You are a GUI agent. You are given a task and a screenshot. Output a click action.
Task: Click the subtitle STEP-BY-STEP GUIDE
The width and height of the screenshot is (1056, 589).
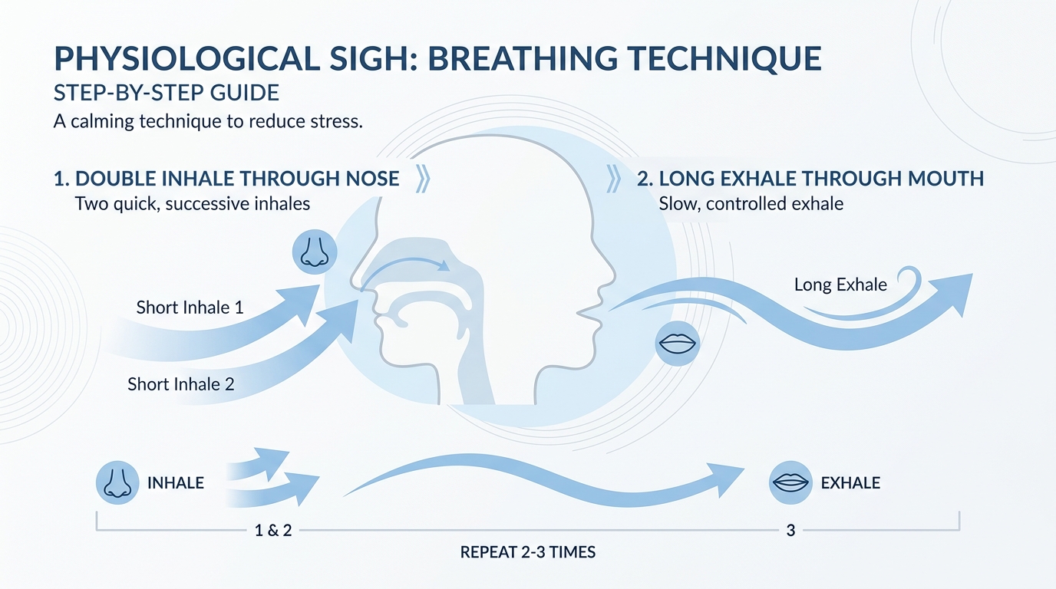pyautogui.click(x=167, y=93)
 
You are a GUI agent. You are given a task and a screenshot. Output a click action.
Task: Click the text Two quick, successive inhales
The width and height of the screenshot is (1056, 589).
pyautogui.click(x=193, y=204)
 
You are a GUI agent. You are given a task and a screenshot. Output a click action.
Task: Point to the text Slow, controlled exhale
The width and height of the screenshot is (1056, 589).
pyautogui.click(x=751, y=204)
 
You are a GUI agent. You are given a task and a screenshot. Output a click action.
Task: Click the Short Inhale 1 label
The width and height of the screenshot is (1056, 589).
pyautogui.click(x=190, y=308)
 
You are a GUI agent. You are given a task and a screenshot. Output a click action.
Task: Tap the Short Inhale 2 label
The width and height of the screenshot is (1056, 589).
pyautogui.click(x=181, y=384)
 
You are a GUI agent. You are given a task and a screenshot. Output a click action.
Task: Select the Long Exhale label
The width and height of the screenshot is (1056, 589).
pyautogui.click(x=840, y=285)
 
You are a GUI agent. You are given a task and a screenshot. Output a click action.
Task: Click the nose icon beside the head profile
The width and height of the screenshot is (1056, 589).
pyautogui.click(x=315, y=252)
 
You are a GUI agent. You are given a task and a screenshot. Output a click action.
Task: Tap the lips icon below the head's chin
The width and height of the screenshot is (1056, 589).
pyautogui.click(x=678, y=344)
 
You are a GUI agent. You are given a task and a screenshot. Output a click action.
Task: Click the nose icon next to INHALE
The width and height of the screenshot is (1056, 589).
pyautogui.click(x=117, y=482)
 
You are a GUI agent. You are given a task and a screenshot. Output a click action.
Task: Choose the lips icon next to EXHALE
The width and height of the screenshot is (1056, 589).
pyautogui.click(x=790, y=482)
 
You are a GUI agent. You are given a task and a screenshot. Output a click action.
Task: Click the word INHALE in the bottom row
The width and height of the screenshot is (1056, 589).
pyautogui.click(x=176, y=483)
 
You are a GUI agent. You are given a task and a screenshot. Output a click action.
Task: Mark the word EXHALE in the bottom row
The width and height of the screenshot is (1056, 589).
pyautogui.click(x=850, y=483)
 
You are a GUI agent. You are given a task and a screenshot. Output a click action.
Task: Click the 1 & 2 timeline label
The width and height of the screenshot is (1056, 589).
pyautogui.click(x=273, y=531)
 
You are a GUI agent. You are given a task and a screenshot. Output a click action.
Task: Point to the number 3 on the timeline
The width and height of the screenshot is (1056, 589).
pyautogui.click(x=790, y=531)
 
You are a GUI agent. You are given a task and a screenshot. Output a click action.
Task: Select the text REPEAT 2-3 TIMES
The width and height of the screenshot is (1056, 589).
pyautogui.click(x=528, y=552)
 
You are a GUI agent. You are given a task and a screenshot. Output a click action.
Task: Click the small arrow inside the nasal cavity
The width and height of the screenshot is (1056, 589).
pyautogui.click(x=404, y=264)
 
